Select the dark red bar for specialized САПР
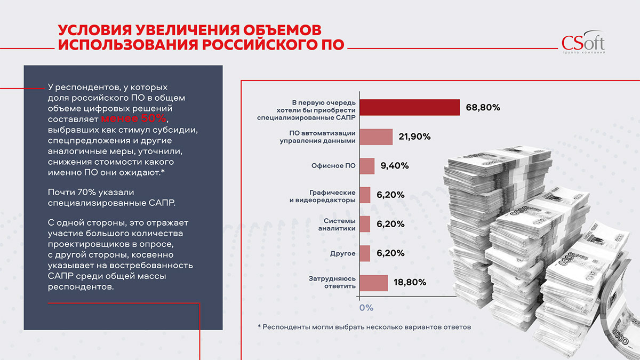[409, 107]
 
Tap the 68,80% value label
[483, 107]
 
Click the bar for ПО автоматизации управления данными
[375, 137]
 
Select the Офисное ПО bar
[367, 166]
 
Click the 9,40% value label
[395, 166]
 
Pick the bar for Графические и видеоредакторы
[365, 195]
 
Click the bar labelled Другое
[365, 253]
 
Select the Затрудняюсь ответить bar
[373, 283]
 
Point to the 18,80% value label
[410, 283]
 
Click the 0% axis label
[366, 308]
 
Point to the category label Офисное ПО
[333, 166]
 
